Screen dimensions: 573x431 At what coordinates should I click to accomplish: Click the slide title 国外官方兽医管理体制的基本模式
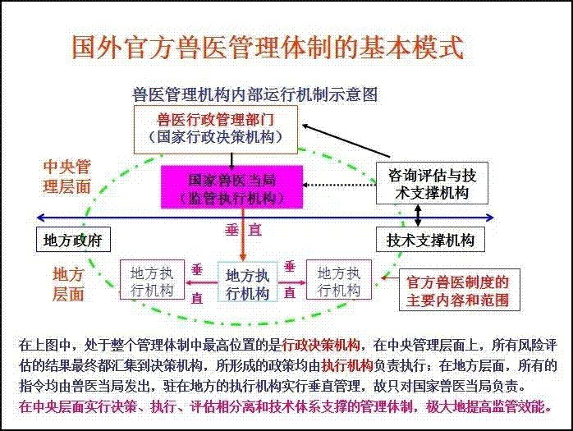click(x=267, y=47)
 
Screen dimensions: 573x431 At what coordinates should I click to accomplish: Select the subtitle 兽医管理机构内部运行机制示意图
click(x=254, y=94)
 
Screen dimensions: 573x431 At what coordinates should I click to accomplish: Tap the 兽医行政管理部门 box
click(x=216, y=130)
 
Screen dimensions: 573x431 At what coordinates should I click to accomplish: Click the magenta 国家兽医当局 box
click(x=232, y=187)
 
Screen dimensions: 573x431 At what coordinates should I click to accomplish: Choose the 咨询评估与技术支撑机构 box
click(x=432, y=183)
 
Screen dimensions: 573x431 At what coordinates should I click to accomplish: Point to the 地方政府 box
click(x=73, y=240)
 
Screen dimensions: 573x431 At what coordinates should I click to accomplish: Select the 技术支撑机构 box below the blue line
click(x=430, y=240)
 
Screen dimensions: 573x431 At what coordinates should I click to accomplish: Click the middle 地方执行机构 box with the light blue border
click(x=247, y=281)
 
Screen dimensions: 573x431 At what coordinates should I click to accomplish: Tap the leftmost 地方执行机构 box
click(x=152, y=280)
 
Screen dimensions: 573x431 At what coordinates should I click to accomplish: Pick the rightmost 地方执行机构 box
click(x=339, y=280)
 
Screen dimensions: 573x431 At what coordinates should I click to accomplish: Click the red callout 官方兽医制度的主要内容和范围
click(x=459, y=291)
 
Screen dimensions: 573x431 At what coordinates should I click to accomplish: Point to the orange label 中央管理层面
click(x=66, y=177)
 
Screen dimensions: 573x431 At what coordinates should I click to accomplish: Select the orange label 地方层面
click(x=68, y=284)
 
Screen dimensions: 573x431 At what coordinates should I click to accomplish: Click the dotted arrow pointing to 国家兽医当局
click(x=340, y=185)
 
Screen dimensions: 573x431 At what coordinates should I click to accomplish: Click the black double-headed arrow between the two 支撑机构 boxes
click(x=418, y=216)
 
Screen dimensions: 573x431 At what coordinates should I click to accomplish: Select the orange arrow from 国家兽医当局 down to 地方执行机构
click(x=243, y=235)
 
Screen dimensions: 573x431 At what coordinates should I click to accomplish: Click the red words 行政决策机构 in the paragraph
click(x=321, y=345)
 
